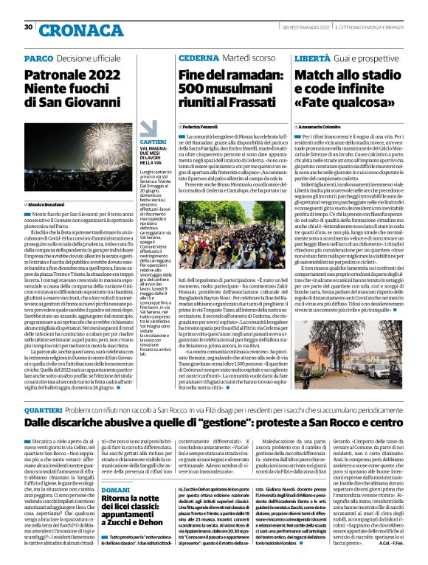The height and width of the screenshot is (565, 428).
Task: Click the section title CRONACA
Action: pos(77,30)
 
